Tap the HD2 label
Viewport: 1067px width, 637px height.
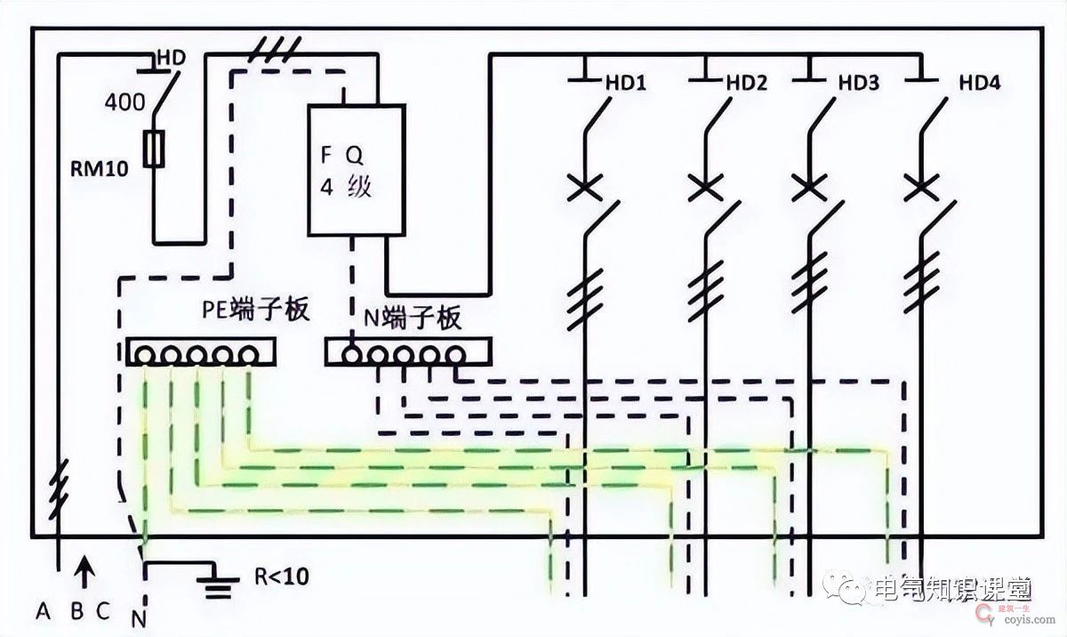(746, 84)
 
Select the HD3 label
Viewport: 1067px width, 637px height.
(859, 84)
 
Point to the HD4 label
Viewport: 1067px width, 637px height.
(980, 84)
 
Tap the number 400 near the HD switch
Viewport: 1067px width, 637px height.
(124, 101)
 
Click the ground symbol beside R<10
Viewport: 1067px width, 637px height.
(213, 582)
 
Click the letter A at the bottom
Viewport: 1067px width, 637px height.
(42, 611)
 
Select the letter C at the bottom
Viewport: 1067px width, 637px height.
(105, 611)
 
